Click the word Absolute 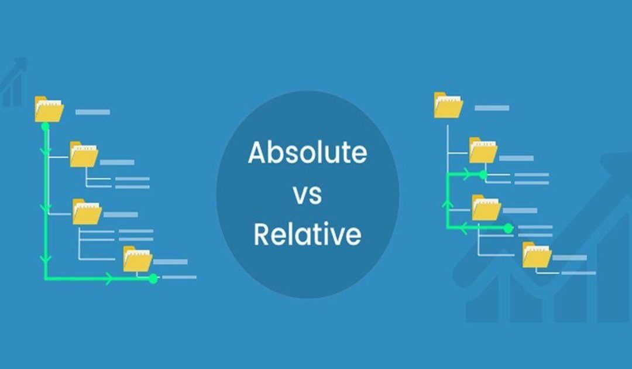pyautogui.click(x=307, y=153)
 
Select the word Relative pyautogui.click(x=307, y=234)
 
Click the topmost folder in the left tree pyautogui.click(x=49, y=109)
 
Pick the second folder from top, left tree pyautogui.click(x=84, y=155)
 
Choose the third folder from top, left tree pyautogui.click(x=87, y=211)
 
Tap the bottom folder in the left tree pyautogui.click(x=138, y=259)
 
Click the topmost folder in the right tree pyautogui.click(x=448, y=105)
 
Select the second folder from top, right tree pyautogui.click(x=483, y=151)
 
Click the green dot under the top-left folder pyautogui.click(x=45, y=126)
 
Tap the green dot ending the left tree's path pyautogui.click(x=153, y=279)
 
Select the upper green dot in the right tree pyautogui.click(x=482, y=174)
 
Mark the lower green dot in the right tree pyautogui.click(x=508, y=228)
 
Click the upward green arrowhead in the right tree pyautogui.click(x=448, y=203)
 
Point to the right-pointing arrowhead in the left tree pyautogui.click(x=109, y=279)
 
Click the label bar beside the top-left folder pyautogui.click(x=92, y=111)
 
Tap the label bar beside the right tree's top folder pyautogui.click(x=492, y=108)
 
